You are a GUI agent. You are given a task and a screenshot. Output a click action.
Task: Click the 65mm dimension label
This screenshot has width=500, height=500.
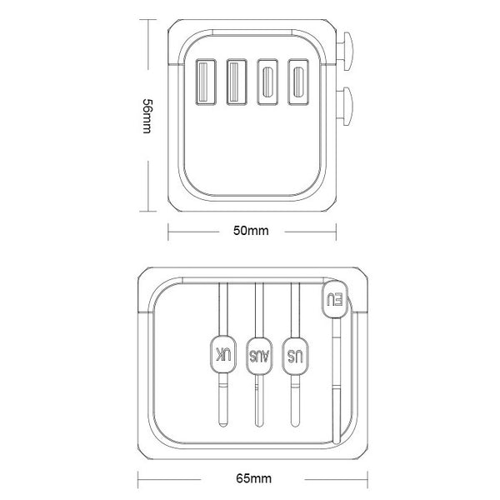pyautogui.click(x=253, y=479)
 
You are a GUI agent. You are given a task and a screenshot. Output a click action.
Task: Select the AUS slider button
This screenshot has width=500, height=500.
pyautogui.click(x=259, y=353)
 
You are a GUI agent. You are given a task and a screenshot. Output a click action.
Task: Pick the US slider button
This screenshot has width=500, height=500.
pyautogui.click(x=294, y=353)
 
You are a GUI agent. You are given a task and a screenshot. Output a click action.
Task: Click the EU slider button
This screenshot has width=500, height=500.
pyautogui.click(x=333, y=299)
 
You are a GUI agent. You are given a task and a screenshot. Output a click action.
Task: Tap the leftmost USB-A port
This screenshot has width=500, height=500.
pyautogui.click(x=204, y=82)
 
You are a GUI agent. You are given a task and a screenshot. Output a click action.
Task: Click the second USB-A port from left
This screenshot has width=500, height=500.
pyautogui.click(x=236, y=82)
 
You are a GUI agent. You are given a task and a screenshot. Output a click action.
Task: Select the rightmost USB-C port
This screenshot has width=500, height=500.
pyautogui.click(x=297, y=82)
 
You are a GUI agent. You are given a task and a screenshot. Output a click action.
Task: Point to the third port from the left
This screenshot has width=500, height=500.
pyautogui.click(x=267, y=82)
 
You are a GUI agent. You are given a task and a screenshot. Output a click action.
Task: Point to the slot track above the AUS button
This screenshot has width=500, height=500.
pyautogui.click(x=259, y=308)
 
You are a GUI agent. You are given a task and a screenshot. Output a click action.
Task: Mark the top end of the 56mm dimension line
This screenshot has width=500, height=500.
pyautogui.click(x=147, y=20)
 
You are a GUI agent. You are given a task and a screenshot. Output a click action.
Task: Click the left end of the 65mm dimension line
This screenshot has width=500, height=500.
pyautogui.click(x=137, y=479)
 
